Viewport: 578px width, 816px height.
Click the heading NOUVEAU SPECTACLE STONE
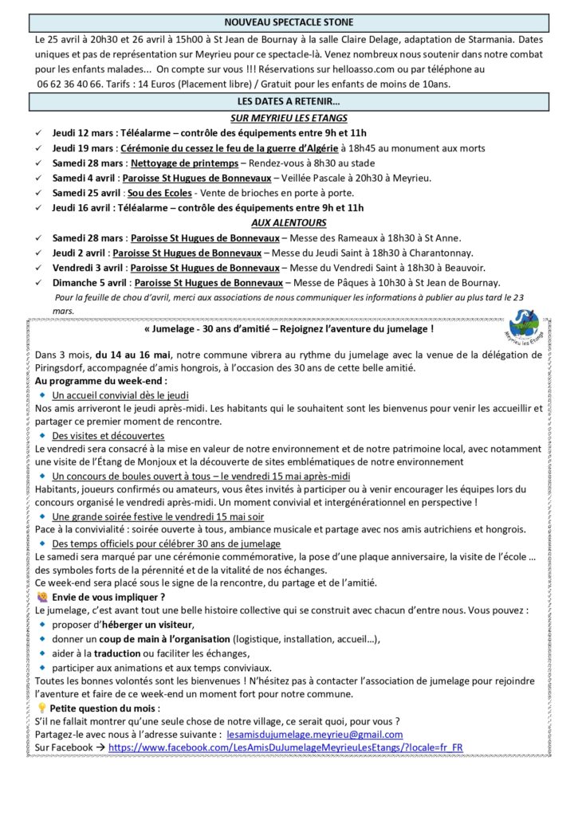pyautogui.click(x=289, y=22)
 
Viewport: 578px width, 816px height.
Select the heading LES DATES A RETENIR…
pyautogui.click(x=289, y=102)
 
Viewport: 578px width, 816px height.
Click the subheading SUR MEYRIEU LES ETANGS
pyautogui.click(x=289, y=117)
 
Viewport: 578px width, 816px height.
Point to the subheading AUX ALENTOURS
pyautogui.click(x=289, y=222)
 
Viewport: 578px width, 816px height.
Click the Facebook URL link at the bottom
pyautogui.click(x=285, y=747)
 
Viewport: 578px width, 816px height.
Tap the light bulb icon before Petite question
pyautogui.click(x=42, y=707)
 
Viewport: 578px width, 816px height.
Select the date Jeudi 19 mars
pyautogui.click(x=83, y=147)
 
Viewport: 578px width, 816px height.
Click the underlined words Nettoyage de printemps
pyautogui.click(x=175, y=163)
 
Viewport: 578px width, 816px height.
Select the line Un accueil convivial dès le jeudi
pyautogui.click(x=120, y=394)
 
